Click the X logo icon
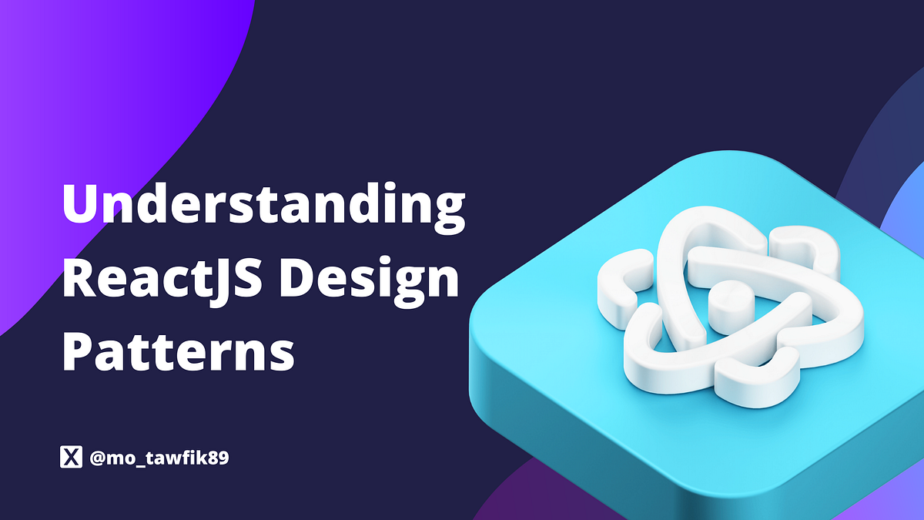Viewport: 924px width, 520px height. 71,458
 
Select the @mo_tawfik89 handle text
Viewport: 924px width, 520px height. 159,458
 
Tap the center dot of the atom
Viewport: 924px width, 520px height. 726,302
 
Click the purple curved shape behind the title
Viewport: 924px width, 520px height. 92,92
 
